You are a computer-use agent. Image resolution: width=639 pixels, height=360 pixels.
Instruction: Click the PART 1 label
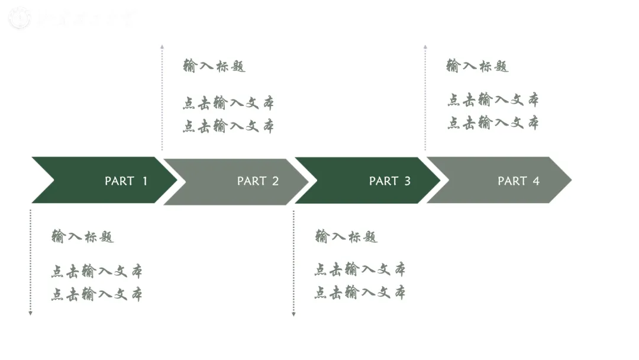(126, 181)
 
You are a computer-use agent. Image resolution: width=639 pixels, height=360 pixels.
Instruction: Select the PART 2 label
(258, 181)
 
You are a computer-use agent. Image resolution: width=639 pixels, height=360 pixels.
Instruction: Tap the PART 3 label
(390, 181)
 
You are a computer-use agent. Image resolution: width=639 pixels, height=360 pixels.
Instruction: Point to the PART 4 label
(519, 181)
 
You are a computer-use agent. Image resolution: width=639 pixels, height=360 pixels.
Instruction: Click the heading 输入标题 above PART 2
(214, 66)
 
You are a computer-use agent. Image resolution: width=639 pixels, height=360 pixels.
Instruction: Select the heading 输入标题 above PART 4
(477, 66)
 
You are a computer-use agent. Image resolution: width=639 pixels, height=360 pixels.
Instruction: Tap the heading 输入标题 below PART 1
(83, 237)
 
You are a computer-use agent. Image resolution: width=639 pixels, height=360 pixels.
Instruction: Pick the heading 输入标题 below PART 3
(346, 237)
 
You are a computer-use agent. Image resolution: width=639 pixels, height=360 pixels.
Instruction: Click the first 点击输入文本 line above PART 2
(228, 104)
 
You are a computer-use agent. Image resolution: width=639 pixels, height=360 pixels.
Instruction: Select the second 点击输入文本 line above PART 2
(228, 126)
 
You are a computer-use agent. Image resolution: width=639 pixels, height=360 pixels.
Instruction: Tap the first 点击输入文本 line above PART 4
(493, 99)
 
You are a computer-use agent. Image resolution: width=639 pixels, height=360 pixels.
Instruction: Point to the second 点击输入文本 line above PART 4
(493, 123)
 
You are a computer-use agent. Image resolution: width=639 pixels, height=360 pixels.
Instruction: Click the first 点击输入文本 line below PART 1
(96, 272)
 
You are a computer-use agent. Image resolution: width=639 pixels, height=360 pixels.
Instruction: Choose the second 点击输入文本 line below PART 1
(96, 294)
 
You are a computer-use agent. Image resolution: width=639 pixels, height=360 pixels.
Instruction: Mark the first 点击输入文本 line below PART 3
(360, 270)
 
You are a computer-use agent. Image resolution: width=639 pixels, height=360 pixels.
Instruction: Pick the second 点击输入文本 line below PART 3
(360, 292)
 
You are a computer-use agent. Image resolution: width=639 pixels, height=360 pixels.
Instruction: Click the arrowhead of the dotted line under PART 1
(30, 313)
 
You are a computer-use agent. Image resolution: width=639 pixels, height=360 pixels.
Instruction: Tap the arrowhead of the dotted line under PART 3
(293, 314)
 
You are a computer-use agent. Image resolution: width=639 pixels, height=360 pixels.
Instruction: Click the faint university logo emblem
(20, 18)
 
